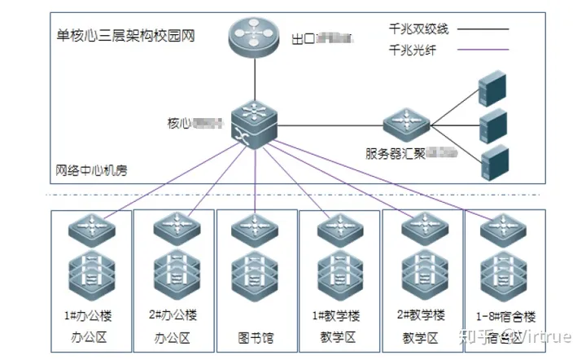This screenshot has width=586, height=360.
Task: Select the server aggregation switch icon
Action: point(406,125)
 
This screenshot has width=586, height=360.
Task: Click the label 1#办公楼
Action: point(86,315)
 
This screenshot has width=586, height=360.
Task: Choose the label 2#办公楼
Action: point(173,315)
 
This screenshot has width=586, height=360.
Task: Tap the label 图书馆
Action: point(255,336)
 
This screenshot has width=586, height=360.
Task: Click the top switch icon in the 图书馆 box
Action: point(255,229)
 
